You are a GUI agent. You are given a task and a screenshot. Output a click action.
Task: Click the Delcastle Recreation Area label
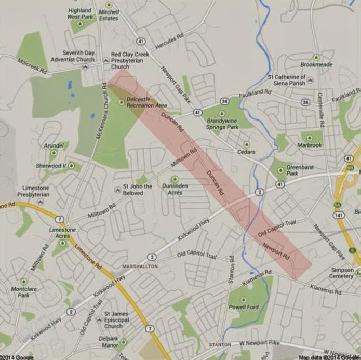pos(147,102)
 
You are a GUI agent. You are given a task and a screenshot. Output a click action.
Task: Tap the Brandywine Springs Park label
pos(222,123)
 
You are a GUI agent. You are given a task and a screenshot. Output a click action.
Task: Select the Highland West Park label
pos(79,14)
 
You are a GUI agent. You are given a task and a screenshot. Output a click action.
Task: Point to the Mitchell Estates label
pos(109,15)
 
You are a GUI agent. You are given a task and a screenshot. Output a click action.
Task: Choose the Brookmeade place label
pos(316,65)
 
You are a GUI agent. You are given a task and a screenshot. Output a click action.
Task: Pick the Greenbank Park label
pos(300,170)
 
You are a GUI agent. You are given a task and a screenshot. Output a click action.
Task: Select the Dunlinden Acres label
pos(175,188)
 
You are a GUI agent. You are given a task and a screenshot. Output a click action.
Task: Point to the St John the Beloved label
pos(137,190)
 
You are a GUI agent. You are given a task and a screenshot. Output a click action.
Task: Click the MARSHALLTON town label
pos(140,266)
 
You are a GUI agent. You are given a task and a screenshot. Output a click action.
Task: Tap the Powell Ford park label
pos(244,306)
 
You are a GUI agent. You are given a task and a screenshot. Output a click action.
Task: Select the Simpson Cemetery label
pos(342,274)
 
